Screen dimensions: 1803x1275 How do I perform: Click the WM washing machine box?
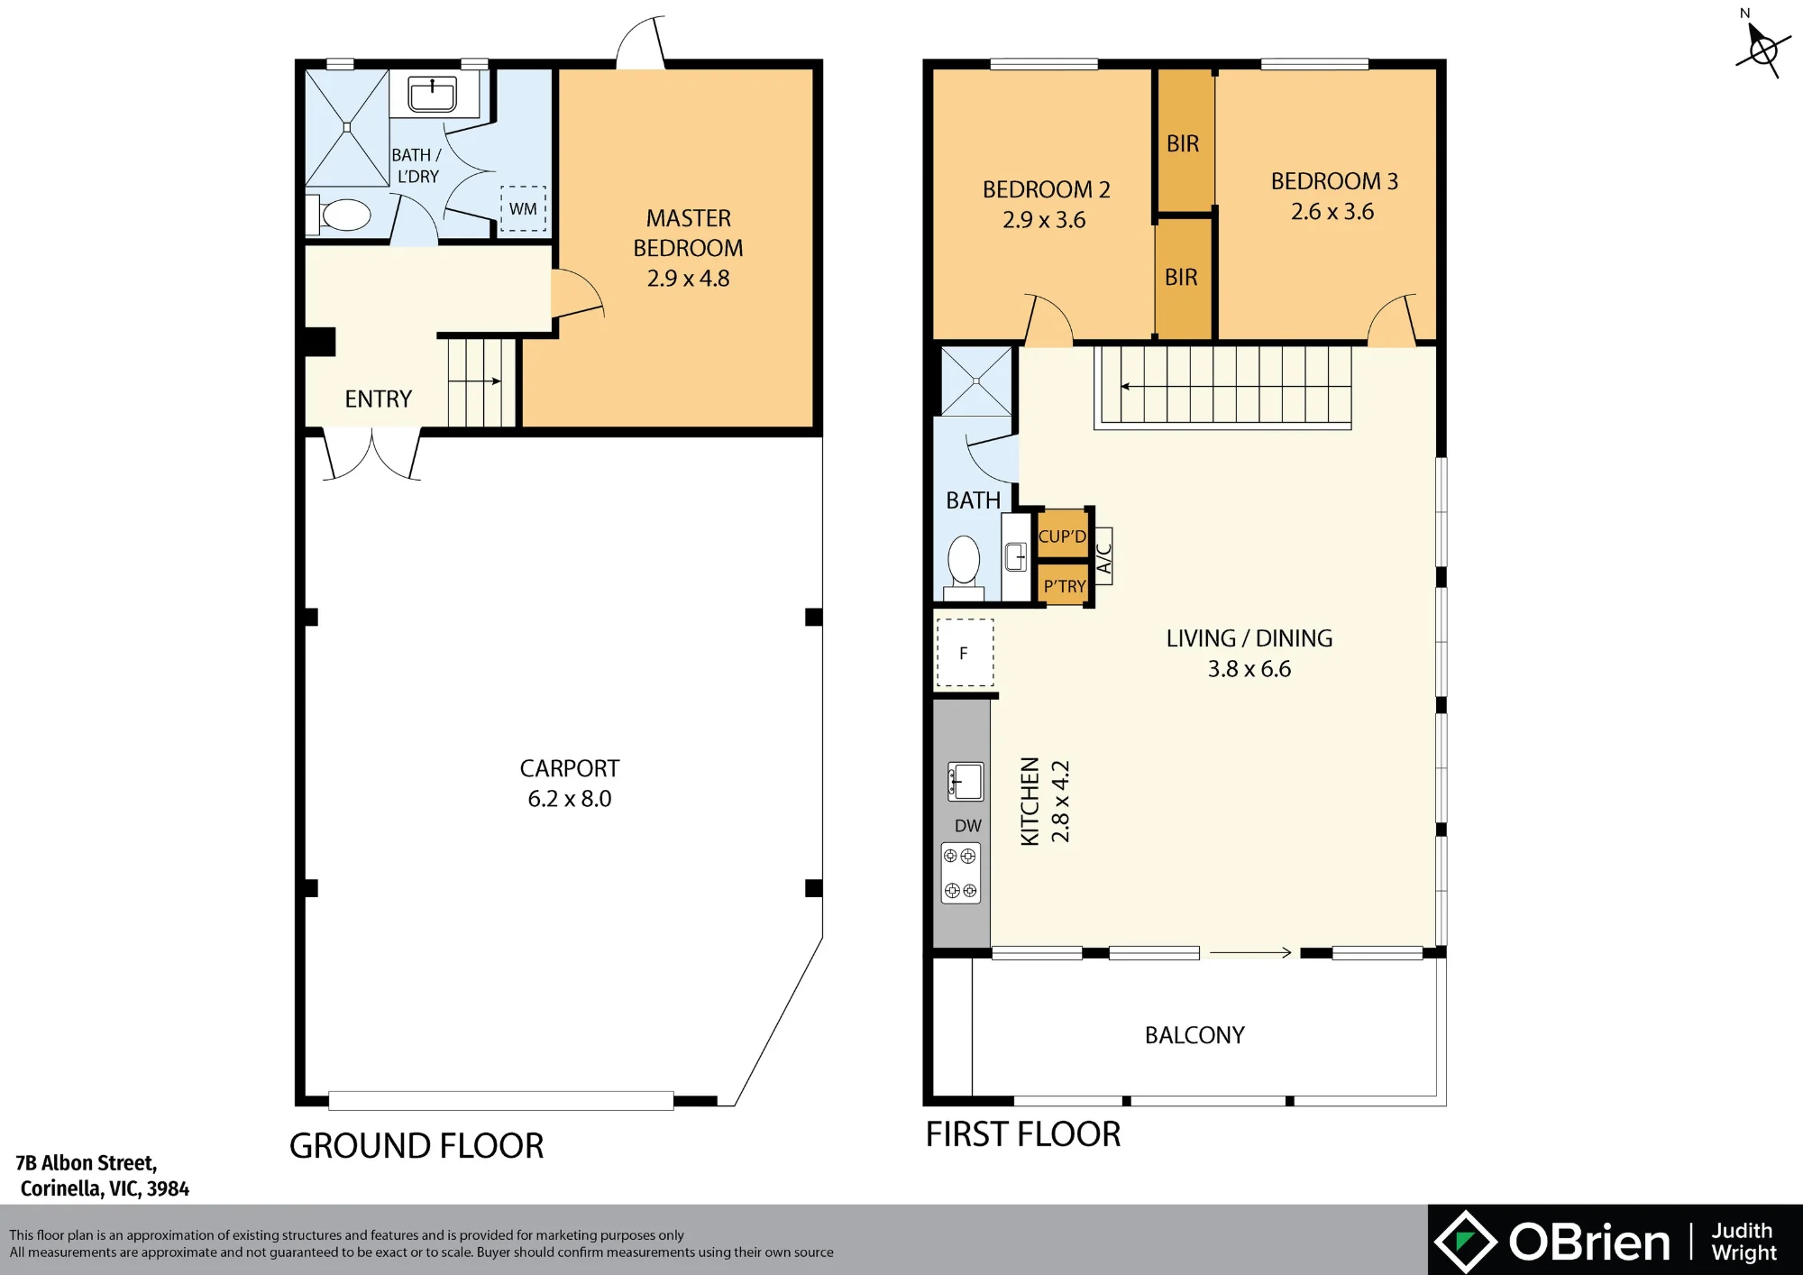523,208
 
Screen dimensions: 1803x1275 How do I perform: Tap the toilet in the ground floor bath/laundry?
340,216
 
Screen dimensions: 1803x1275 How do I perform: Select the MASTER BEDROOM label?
688,233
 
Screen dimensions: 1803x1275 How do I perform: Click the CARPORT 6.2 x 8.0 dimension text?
570,798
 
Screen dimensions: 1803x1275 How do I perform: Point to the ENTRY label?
378,399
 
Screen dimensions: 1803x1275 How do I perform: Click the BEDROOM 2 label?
1046,189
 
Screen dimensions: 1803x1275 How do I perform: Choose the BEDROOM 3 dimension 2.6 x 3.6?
1332,212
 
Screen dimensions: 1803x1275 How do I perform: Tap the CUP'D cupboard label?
1062,536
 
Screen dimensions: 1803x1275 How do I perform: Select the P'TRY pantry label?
1065,586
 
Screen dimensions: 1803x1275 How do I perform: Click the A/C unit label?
1103,556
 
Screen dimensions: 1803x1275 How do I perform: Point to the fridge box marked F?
965,653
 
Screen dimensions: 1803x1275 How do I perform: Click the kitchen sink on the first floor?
966,781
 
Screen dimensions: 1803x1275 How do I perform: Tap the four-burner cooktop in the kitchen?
961,873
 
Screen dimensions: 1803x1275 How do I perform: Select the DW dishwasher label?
968,825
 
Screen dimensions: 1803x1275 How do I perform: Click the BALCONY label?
1194,1035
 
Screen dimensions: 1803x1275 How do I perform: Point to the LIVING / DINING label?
1249,638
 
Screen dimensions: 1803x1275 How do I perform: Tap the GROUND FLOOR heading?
416,1146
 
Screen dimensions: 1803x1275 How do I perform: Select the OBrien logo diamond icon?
1466,1242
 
